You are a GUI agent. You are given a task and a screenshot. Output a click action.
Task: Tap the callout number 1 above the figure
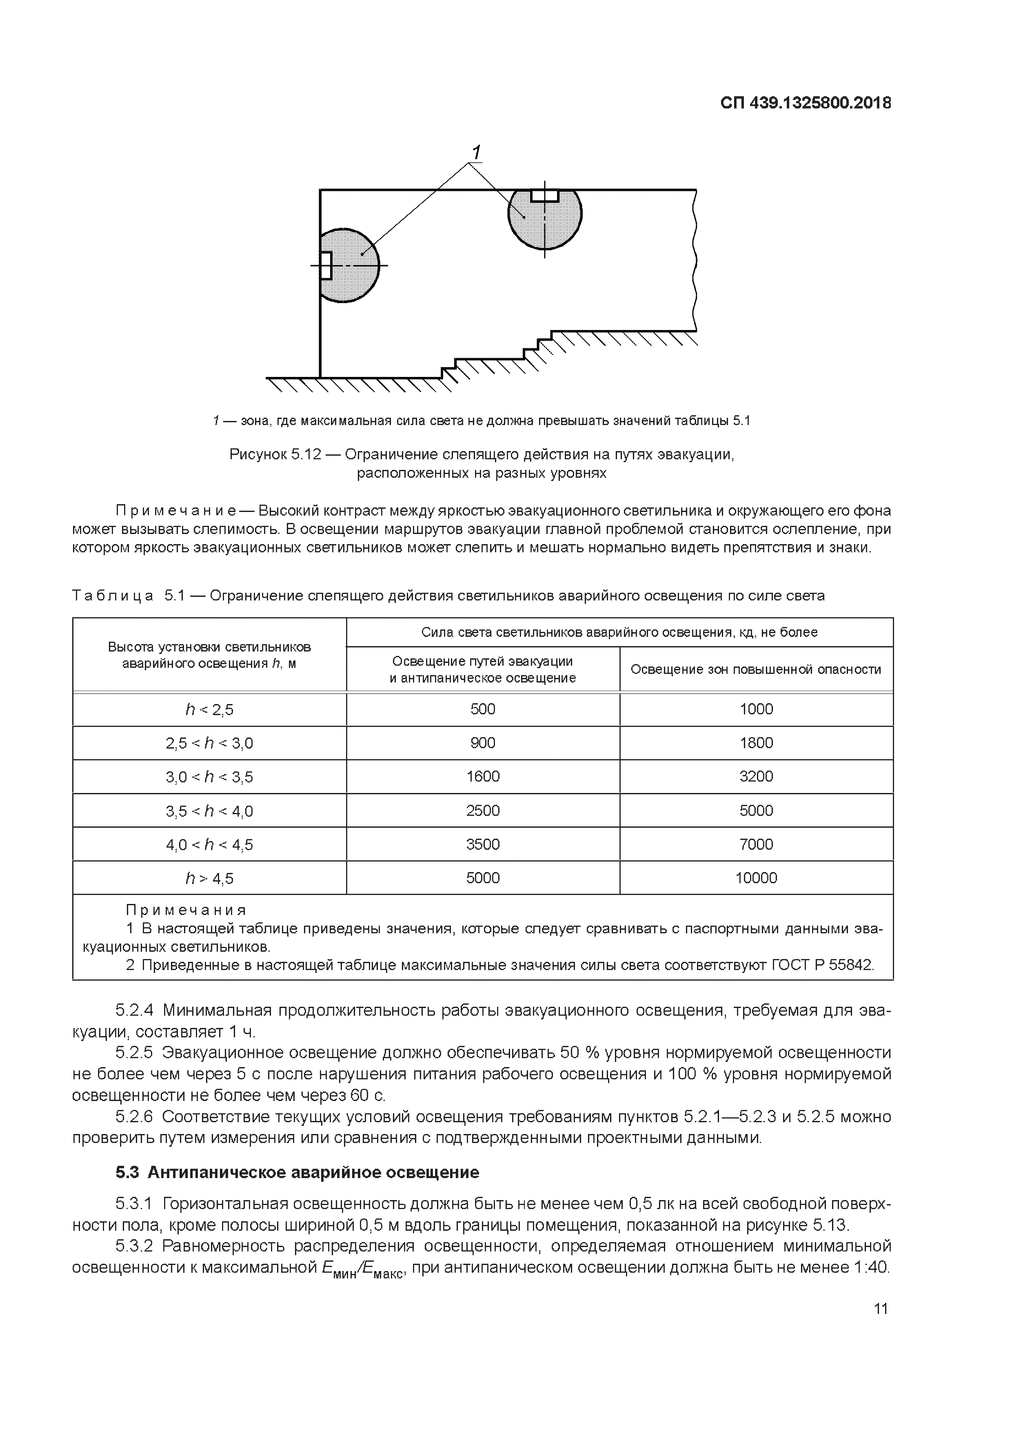click(476, 152)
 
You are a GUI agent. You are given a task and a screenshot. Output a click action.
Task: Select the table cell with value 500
click(483, 709)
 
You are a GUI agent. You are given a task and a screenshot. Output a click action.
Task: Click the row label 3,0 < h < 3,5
click(209, 777)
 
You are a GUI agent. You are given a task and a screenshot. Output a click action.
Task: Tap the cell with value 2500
click(483, 811)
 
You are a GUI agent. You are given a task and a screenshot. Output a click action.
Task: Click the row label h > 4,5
click(209, 879)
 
